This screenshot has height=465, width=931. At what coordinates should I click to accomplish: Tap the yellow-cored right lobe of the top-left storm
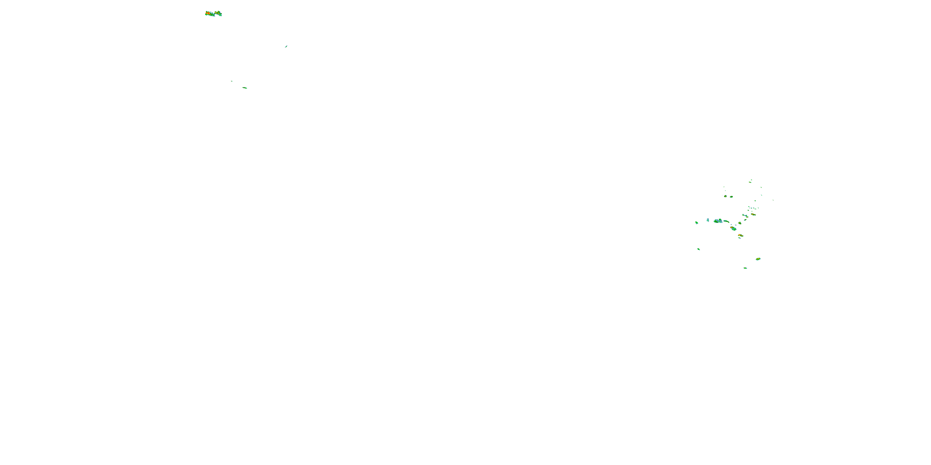tap(218, 14)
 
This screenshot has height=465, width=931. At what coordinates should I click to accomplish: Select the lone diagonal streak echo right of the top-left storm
tap(286, 46)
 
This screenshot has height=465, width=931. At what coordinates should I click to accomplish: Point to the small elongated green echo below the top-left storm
tap(245, 88)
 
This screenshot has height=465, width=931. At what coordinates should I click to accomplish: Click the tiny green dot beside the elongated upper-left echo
tap(232, 81)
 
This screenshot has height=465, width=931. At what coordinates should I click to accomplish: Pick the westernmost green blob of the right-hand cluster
tap(696, 223)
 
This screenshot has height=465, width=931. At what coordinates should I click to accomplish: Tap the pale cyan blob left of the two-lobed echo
tap(708, 220)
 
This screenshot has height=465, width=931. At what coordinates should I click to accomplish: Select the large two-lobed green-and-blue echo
tap(718, 221)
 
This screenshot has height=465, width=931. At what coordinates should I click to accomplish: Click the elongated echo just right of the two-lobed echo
tap(726, 221)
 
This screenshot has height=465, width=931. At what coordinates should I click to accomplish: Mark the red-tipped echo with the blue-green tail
tap(733, 228)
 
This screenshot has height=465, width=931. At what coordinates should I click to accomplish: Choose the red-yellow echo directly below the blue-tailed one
tap(740, 235)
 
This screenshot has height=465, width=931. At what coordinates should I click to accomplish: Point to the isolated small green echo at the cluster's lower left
tap(698, 249)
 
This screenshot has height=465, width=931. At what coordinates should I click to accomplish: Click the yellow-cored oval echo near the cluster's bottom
tap(758, 259)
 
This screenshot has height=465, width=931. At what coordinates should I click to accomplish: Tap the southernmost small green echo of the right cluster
tap(745, 268)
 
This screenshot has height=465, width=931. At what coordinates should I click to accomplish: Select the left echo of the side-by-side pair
tap(725, 196)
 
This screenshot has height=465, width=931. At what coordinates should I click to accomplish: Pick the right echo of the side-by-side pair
tap(731, 197)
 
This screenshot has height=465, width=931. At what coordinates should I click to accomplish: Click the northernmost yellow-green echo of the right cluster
tap(750, 182)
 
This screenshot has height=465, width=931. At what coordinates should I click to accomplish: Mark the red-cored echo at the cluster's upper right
tap(753, 215)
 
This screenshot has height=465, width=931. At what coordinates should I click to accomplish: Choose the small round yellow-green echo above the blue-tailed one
tap(740, 223)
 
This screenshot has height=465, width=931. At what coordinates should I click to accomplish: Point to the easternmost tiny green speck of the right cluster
tap(773, 200)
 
